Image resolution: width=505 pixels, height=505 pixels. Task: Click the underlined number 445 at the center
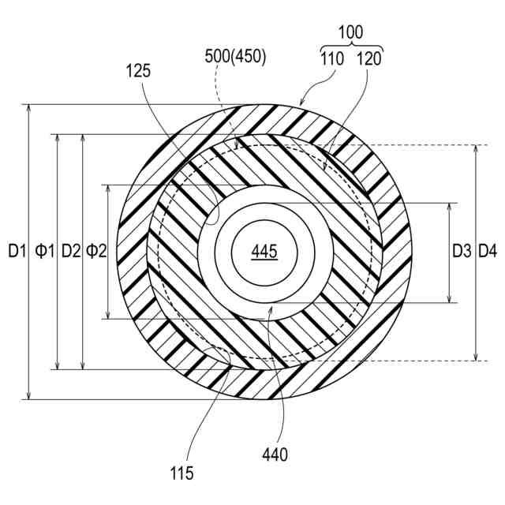pos(264,252)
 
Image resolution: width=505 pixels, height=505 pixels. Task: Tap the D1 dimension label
pos(17,251)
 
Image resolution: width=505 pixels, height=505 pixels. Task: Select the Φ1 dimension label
pos(45,251)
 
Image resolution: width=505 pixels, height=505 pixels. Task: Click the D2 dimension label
pos(71,251)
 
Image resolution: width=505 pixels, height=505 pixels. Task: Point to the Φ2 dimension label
pos(96,251)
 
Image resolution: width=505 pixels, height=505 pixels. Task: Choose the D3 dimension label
pos(462,251)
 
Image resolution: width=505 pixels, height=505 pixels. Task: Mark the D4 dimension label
pos(488,251)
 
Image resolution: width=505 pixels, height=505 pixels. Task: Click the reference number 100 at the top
pos(350,32)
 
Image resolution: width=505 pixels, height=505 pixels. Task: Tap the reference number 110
pos(332,59)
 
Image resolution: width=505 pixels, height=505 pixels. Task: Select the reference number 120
pos(369,59)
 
